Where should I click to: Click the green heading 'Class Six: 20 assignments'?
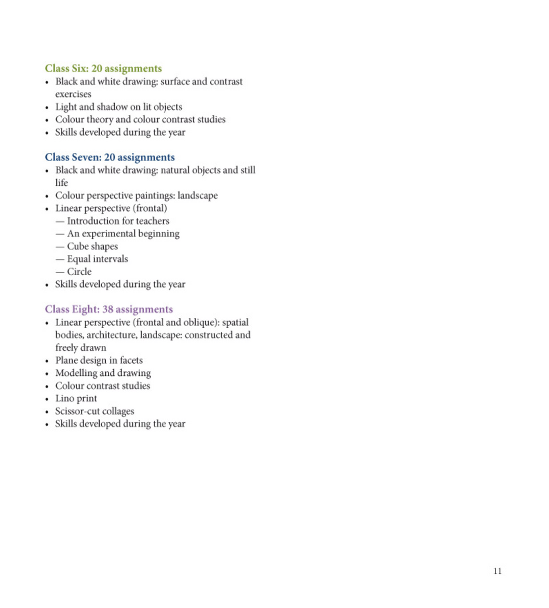pos(103,69)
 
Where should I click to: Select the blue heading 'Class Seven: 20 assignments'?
pos(110,157)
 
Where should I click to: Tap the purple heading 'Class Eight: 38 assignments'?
pos(109,309)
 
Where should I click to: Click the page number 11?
pos(497,571)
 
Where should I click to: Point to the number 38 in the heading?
pos(108,309)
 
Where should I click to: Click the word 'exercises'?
pos(73,94)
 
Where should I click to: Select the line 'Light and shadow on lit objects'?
pos(118,107)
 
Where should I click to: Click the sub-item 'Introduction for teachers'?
pos(118,221)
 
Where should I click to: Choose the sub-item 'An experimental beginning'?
pos(123,234)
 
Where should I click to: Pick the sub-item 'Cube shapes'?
pos(93,246)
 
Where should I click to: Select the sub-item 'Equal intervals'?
pos(98,259)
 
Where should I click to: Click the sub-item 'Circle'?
pos(79,272)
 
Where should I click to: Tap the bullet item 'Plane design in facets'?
pos(99,361)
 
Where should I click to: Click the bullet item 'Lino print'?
pos(76,399)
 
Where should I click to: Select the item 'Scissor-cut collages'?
pos(95,411)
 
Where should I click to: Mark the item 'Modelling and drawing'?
pos(103,373)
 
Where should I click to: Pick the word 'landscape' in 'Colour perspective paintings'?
pos(197,196)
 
